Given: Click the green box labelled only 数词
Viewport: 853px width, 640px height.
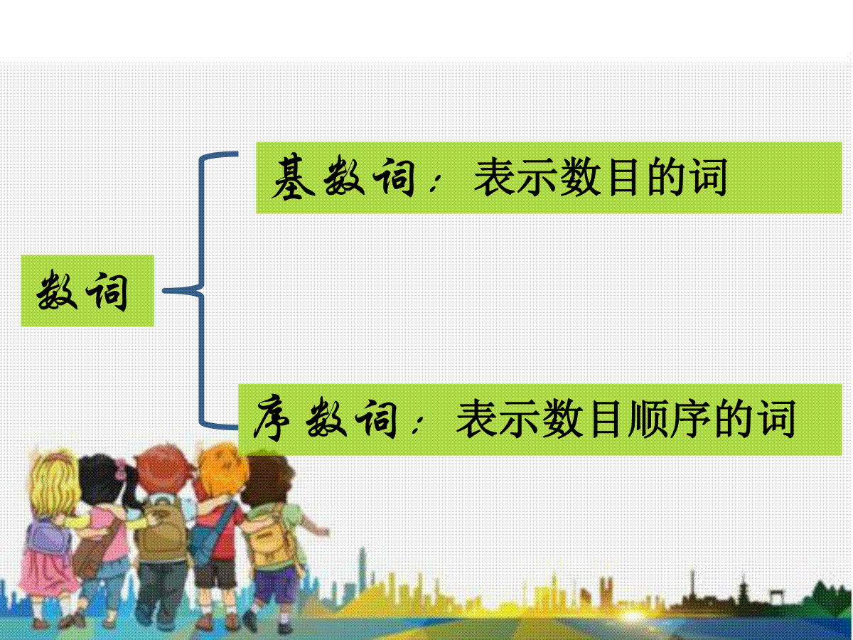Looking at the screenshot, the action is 87,291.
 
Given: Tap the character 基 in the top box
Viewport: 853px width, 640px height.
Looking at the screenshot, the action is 293,177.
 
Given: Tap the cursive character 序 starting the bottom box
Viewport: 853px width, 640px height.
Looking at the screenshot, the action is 272,419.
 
